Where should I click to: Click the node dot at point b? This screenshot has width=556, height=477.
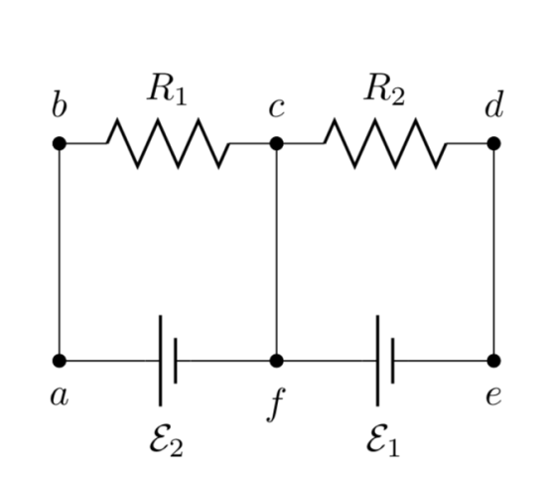click(x=60, y=143)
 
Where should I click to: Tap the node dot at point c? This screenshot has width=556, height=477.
click(x=277, y=143)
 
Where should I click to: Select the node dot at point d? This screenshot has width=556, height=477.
click(x=494, y=143)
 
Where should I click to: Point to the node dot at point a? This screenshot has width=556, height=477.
click(x=60, y=361)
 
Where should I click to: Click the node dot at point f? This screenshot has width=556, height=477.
click(x=277, y=361)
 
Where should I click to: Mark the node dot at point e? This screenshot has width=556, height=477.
click(x=494, y=361)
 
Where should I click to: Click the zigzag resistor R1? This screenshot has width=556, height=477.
click(x=168, y=143)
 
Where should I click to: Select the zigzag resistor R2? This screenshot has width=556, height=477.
click(x=385, y=143)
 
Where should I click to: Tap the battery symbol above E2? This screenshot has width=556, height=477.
click(x=168, y=361)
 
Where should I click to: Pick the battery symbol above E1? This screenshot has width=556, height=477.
click(x=385, y=361)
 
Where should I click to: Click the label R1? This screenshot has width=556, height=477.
click(x=167, y=89)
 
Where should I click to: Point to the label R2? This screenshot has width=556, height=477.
click(x=384, y=89)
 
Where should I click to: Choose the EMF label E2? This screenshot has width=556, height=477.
click(x=167, y=440)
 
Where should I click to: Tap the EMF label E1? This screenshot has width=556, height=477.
click(x=383, y=440)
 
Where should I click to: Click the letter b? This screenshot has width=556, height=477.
click(x=59, y=104)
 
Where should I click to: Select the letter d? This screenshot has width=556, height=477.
click(x=494, y=104)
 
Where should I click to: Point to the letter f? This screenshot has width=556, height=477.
click(x=276, y=405)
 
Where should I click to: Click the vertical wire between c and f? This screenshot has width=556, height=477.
click(x=277, y=252)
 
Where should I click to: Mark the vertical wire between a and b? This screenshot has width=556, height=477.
click(x=60, y=252)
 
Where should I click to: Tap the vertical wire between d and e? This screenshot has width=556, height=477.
click(x=494, y=252)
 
